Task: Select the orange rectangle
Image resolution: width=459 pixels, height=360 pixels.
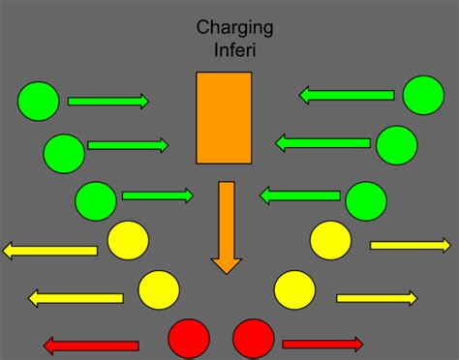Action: pos(224,118)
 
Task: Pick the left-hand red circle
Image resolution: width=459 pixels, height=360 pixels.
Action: pos(189,338)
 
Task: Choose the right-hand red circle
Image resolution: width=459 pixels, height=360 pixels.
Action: pos(254,338)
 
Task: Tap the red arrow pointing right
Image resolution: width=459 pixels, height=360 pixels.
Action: pos(322,344)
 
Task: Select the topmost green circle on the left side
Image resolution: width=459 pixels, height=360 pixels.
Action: pos(39,101)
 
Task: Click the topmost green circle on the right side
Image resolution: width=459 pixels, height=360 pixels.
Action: pos(423,95)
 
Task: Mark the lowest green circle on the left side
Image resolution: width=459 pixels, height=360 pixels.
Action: pos(96,200)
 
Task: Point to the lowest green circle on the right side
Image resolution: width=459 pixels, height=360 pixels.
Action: pos(366,200)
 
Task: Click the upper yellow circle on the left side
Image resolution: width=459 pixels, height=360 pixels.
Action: pos(128,240)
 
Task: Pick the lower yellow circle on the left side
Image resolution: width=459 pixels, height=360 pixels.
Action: pos(159,288)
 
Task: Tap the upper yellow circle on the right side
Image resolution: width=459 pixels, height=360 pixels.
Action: pos(330,240)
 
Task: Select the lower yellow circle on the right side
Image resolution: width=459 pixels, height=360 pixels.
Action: pos(294,288)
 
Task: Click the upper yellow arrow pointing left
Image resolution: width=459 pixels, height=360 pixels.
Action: pos(50,251)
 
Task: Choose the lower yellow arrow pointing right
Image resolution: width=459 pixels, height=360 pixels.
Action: pos(376,297)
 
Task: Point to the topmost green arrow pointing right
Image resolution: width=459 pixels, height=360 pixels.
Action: pos(107,101)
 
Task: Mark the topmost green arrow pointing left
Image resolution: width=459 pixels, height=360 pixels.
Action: pos(346,95)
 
